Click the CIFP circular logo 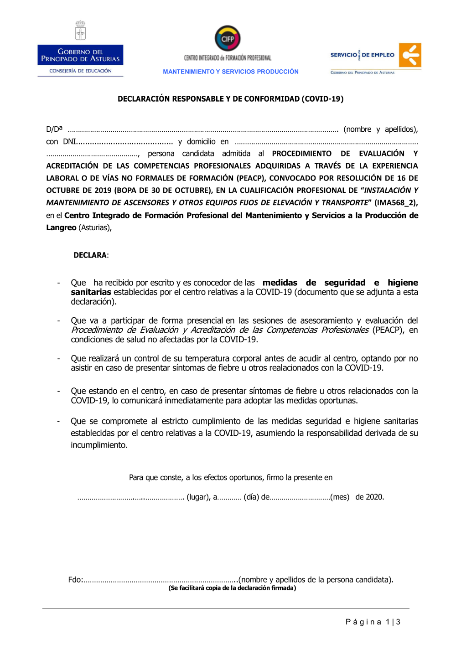pyautogui.click(x=227, y=38)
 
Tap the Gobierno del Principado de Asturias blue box pyautogui.click(x=80, y=55)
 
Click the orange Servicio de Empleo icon pyautogui.click(x=410, y=55)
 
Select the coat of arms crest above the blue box pyautogui.click(x=80, y=31)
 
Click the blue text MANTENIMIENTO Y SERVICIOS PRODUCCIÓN pyautogui.click(x=231, y=72)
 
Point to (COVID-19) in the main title pyautogui.click(x=322, y=99)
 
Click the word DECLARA pyautogui.click(x=90, y=255)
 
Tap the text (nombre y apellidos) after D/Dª pyautogui.click(x=380, y=129)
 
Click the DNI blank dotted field pyautogui.click(x=124, y=142)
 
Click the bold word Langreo pyautogui.click(x=61, y=227)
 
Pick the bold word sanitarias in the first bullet pyautogui.click(x=91, y=292)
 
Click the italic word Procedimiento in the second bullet pyautogui.click(x=96, y=330)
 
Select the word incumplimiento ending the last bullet pyautogui.click(x=98, y=445)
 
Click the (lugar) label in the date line pyautogui.click(x=198, y=497)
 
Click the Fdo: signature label pyautogui.click(x=75, y=580)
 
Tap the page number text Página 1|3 pyautogui.click(x=373, y=622)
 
